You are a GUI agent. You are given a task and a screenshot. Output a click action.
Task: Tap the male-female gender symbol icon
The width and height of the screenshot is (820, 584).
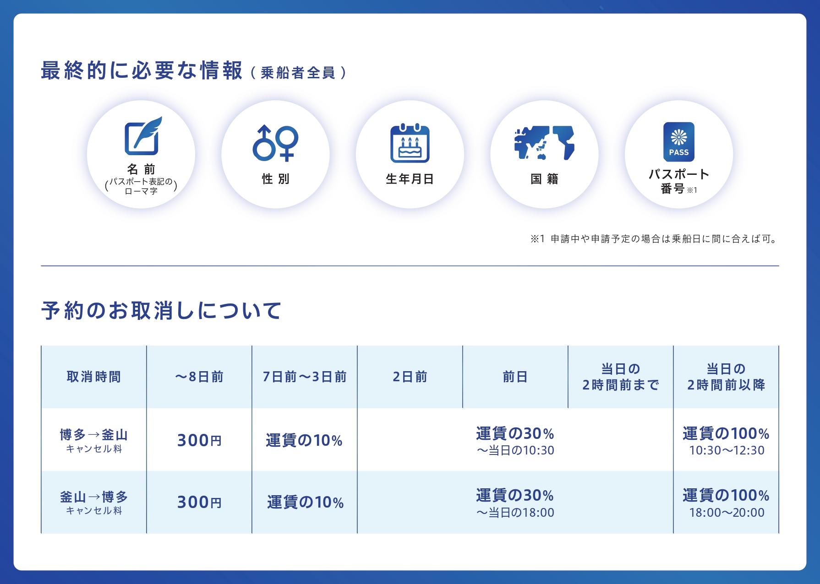click(x=275, y=143)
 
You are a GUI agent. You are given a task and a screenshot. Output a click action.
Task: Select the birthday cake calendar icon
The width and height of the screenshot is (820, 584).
click(x=410, y=143)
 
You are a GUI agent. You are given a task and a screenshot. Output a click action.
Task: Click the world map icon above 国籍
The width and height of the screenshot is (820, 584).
click(x=544, y=143)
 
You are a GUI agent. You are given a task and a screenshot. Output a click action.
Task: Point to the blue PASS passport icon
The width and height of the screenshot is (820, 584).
click(x=679, y=142)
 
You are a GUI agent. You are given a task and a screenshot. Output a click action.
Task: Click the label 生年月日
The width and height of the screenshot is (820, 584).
click(x=410, y=179)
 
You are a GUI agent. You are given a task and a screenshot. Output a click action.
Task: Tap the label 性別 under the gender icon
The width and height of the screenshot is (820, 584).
click(x=276, y=179)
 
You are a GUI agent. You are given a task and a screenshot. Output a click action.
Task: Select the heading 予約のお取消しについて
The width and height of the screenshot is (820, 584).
click(x=161, y=311)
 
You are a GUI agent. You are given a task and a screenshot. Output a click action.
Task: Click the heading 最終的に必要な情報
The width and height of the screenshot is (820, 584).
click(x=142, y=71)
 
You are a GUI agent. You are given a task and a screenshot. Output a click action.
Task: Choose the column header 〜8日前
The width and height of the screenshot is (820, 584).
click(x=199, y=377)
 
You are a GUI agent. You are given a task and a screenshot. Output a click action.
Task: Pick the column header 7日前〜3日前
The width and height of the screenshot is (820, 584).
click(x=305, y=377)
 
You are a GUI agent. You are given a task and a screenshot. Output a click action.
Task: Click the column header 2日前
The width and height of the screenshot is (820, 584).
click(x=410, y=377)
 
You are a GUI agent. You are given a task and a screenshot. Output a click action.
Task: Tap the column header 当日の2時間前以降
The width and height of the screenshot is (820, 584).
click(x=726, y=377)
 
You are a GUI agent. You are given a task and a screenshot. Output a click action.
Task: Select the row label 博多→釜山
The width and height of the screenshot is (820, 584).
click(x=94, y=434)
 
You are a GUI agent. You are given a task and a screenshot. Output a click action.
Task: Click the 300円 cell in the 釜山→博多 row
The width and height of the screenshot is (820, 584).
click(x=199, y=503)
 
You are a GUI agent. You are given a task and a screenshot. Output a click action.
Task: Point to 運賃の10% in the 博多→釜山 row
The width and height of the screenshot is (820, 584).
click(x=304, y=440)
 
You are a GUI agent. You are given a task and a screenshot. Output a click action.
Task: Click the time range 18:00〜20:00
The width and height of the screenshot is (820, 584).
click(x=727, y=513)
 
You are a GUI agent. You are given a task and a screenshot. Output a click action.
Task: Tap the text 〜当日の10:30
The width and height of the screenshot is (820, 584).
click(x=515, y=451)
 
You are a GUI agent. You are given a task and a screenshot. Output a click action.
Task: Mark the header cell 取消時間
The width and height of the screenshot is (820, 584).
click(x=94, y=377)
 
